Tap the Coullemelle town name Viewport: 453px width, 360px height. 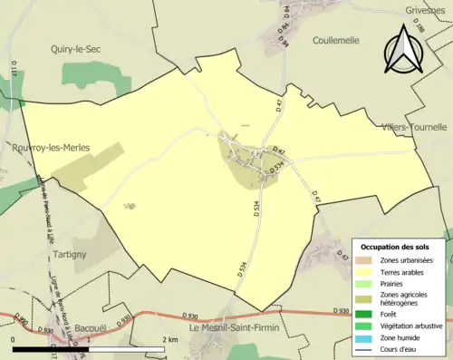[x=323, y=41]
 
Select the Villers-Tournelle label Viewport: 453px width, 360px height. [x=414, y=128]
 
